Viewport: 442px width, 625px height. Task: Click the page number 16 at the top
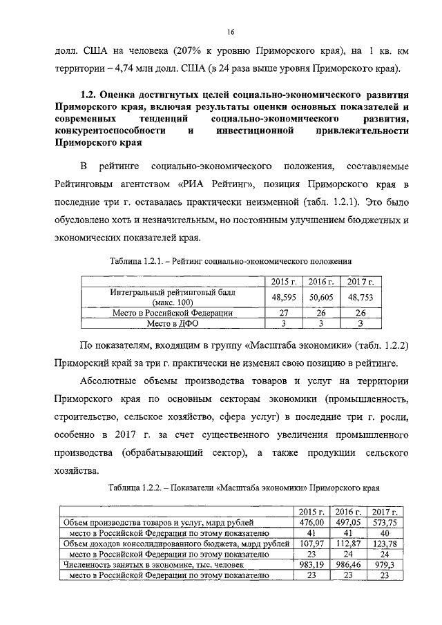tap(231, 31)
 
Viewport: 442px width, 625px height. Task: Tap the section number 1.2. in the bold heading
tap(90, 94)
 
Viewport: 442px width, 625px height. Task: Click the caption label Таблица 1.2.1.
tap(138, 262)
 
